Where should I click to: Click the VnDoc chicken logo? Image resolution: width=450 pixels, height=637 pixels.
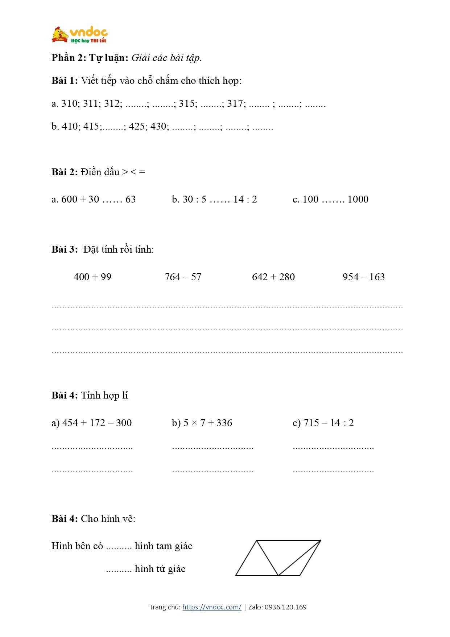point(60,35)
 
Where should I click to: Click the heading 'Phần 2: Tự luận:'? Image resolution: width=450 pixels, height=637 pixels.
point(90,58)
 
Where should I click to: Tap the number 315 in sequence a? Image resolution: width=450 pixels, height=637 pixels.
point(187,103)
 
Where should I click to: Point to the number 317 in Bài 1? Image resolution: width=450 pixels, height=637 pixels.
point(236,103)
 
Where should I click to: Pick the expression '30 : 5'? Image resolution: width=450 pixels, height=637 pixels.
point(194,199)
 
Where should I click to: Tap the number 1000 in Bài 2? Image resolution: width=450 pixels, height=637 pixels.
point(358,199)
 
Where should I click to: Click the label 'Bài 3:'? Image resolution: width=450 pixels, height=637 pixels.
point(65,249)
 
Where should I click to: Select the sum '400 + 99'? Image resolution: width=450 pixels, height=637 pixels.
point(92,277)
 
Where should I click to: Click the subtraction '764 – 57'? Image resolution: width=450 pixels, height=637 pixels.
point(183,277)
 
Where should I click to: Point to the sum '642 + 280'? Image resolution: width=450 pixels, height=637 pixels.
point(273,277)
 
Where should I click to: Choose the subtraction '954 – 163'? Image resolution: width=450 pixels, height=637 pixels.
point(363,277)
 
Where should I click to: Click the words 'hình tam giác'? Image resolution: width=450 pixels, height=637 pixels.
point(164,546)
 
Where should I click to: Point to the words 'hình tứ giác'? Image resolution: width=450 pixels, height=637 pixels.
point(160,569)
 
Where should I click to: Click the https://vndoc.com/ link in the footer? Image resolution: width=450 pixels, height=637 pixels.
point(212,607)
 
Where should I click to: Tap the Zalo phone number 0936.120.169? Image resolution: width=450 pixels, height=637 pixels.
point(285,607)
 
